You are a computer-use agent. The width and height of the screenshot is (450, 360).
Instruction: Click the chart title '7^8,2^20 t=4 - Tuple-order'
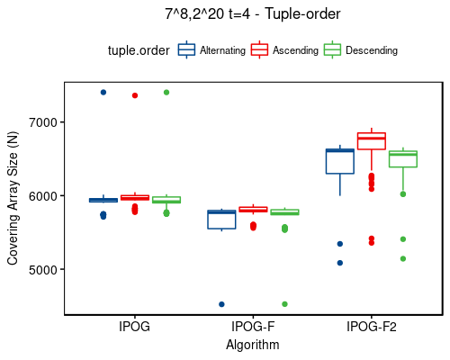(x=253, y=13)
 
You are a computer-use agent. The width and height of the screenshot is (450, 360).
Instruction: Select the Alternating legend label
(x=222, y=50)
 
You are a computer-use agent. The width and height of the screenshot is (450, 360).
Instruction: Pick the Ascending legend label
(x=295, y=50)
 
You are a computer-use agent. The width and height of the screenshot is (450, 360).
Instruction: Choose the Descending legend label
(x=371, y=50)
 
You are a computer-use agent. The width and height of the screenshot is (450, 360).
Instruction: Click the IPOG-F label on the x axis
(x=253, y=327)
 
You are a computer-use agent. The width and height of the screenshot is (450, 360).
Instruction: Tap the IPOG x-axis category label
(x=134, y=327)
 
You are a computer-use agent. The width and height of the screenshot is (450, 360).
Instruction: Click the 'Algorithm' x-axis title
(x=253, y=345)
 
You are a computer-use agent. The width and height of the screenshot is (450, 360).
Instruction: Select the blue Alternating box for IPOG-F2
(x=339, y=161)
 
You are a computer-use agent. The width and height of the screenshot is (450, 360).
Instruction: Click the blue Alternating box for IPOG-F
(x=221, y=220)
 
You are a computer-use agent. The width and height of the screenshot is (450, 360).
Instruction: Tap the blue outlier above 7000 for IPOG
(x=103, y=92)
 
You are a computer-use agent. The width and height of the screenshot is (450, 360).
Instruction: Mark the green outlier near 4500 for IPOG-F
(x=284, y=304)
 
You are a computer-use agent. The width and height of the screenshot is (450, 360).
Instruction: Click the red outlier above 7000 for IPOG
(x=135, y=95)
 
